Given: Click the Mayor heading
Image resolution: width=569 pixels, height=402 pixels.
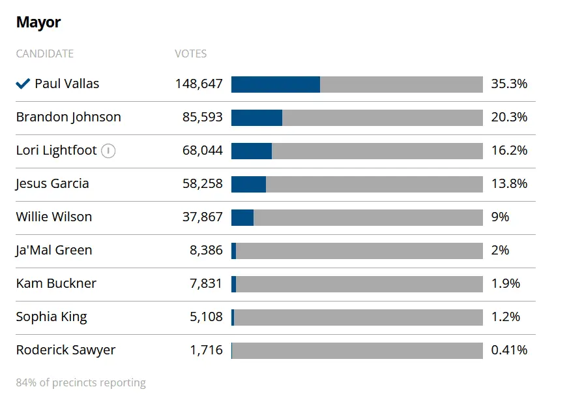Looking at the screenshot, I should pos(38,22).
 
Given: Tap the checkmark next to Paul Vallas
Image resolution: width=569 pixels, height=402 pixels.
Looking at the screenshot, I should pos(23,84).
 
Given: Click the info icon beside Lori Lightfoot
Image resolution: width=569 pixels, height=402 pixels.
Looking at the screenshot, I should pos(108,151).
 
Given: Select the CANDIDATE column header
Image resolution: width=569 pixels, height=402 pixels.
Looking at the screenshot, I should pos(45,54).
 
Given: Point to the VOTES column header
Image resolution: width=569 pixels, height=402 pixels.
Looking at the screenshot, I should pos(190,54).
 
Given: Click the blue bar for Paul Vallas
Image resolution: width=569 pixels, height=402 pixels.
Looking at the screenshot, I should pos(275,84).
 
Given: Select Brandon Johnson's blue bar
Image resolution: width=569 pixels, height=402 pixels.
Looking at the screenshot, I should pos(257,117).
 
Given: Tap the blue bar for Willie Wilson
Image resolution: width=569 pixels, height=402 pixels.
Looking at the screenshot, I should pos(242,217).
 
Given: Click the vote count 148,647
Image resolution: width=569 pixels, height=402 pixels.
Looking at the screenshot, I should pos(199,84).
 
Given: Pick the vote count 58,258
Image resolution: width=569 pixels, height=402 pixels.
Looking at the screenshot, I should pos(202,184).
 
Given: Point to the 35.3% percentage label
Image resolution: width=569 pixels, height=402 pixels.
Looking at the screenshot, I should pos(509,84).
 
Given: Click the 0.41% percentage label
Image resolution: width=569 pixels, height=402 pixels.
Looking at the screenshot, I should pos(509,350).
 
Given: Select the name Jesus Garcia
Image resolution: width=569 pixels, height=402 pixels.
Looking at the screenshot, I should pos(52,184).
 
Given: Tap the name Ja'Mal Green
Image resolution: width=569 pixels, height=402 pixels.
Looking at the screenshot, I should pos(54,251).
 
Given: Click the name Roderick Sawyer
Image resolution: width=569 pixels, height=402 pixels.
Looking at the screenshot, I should pos(66,350).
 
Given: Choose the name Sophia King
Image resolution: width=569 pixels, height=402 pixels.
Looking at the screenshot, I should pos(51,317).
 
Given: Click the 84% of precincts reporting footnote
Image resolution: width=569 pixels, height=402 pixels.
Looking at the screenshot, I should pos(81,383).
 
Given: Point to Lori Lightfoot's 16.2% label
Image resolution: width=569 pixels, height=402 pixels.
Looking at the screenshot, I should pos(509,151).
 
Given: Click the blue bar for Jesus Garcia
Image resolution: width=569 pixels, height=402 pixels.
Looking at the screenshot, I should pos(248,184).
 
